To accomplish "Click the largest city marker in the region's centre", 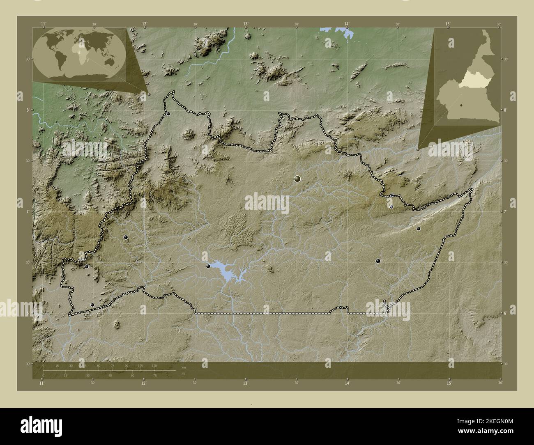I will [297, 179].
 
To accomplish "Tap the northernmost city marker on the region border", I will [168, 114].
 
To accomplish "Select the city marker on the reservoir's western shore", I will [208, 266].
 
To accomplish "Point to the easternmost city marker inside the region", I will [419, 229].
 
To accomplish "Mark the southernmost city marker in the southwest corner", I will [92, 305].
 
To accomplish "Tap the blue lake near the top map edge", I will [345, 32].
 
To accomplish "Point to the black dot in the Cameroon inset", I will [462, 106].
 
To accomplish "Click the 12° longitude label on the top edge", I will [144, 24].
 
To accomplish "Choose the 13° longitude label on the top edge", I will [245, 24].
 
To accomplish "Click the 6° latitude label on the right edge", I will [506, 313].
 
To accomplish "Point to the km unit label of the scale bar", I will [184, 367].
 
